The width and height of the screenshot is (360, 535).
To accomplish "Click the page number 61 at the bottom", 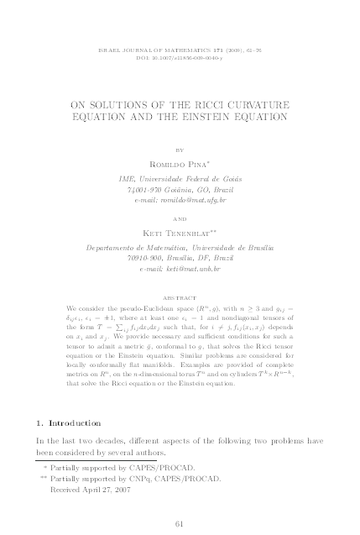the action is coord(179,524).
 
